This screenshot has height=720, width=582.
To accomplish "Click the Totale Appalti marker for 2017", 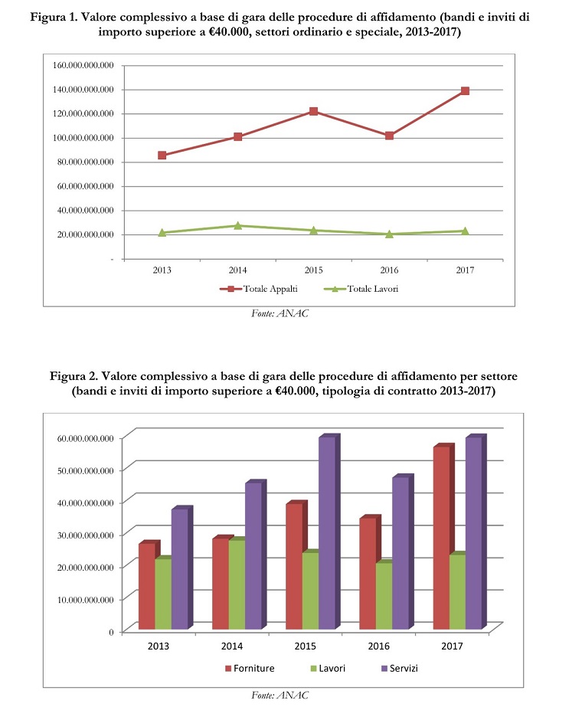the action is click(x=465, y=91).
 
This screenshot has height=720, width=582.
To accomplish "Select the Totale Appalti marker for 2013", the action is click(x=162, y=155).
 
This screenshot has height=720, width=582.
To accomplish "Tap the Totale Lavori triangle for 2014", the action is click(x=237, y=225).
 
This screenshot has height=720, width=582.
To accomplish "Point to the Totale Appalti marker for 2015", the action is click(x=313, y=111).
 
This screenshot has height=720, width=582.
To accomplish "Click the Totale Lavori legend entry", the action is click(x=361, y=289).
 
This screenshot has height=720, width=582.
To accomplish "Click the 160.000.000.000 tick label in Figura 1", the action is click(x=83, y=65).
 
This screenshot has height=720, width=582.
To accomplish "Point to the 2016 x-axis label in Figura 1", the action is click(x=389, y=270).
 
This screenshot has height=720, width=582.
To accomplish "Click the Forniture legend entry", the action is click(x=250, y=669).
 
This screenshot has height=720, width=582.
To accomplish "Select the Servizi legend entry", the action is click(x=400, y=669).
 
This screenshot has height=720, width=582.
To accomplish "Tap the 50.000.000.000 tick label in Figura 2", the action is click(x=85, y=470).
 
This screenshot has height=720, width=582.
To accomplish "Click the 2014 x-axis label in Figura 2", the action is click(x=232, y=646).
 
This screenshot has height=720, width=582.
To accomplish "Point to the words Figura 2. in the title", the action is click(x=74, y=377).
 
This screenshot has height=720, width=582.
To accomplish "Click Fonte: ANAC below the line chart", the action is click(x=280, y=313).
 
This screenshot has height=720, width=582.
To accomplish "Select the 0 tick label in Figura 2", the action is click(x=111, y=632).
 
